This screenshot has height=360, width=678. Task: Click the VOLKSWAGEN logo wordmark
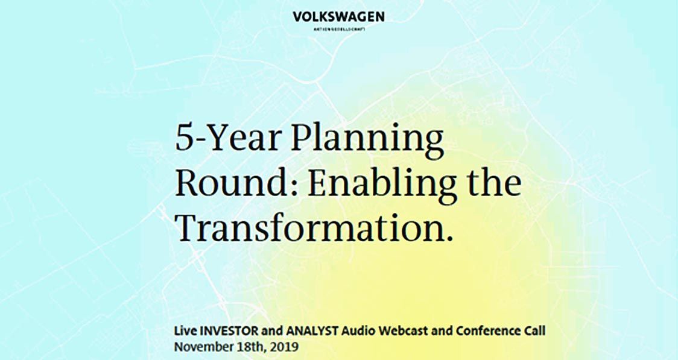point(338,17)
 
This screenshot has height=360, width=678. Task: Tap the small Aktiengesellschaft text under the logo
point(338,29)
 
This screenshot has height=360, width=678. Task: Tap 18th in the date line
point(247,347)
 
